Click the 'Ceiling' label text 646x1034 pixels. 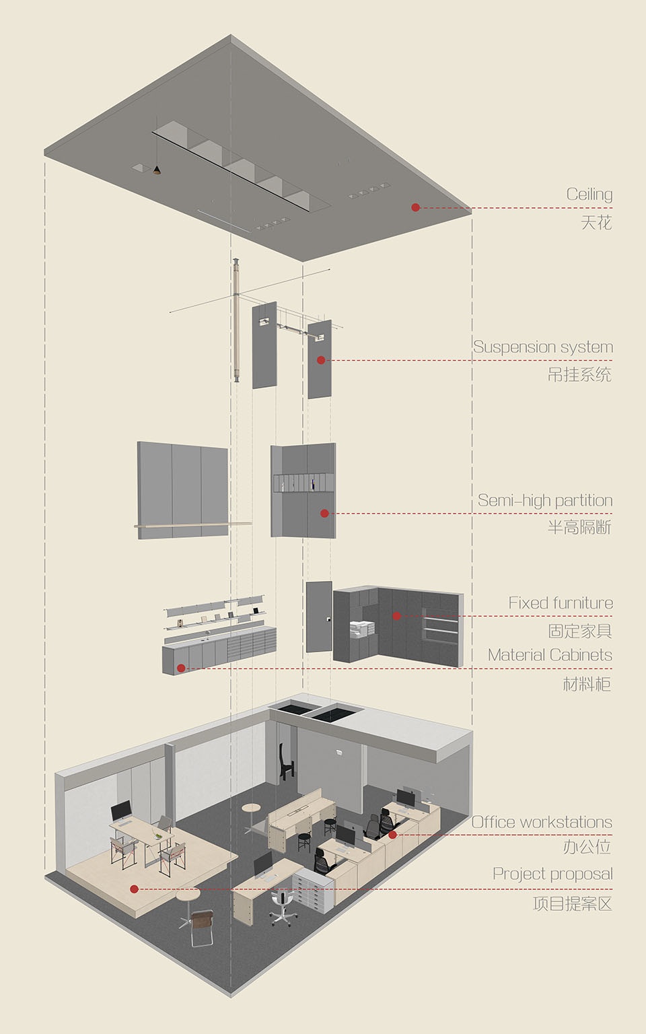[x=589, y=195]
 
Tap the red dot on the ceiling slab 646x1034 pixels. [x=416, y=207]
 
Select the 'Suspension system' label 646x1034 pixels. [x=542, y=347]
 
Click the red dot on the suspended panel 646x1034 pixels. [x=321, y=360]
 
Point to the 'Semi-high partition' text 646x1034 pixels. [x=544, y=501]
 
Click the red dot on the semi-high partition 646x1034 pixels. [x=324, y=514]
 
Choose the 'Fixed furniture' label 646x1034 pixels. [x=560, y=603]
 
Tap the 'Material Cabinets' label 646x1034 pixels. [x=550, y=655]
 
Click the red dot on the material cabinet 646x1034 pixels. [x=181, y=668]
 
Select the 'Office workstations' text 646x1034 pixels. [x=541, y=823]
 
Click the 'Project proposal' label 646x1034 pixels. [x=552, y=874]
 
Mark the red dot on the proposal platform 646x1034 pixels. [x=135, y=889]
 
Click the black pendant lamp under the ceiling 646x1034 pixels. [x=157, y=169]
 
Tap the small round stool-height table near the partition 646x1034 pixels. [x=251, y=808]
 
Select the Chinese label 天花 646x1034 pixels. [x=596, y=223]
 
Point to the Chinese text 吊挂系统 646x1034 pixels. [x=579, y=375]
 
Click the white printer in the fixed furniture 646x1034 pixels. [x=361, y=629]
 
